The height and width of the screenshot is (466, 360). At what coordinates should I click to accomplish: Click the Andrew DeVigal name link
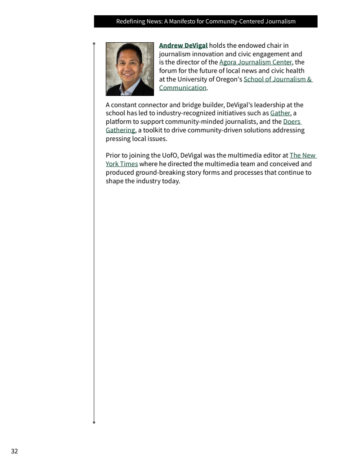click(x=183, y=45)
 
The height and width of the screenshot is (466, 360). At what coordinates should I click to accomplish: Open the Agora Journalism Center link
click(x=255, y=62)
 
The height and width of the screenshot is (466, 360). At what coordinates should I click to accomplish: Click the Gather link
click(x=280, y=113)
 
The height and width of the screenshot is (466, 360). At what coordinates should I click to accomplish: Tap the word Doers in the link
click(x=292, y=122)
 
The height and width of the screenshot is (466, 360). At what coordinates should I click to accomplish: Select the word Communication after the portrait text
click(x=182, y=88)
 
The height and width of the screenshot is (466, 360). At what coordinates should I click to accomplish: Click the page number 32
click(x=14, y=451)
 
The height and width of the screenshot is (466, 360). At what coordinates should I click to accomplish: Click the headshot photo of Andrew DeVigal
click(x=130, y=69)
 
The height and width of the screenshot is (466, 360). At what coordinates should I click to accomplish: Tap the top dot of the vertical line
click(x=94, y=44)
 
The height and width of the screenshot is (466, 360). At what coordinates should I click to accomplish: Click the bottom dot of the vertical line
click(x=94, y=422)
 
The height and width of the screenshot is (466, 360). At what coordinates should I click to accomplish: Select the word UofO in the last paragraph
click(x=170, y=156)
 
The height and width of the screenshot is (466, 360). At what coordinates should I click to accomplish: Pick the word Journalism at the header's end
click(x=280, y=22)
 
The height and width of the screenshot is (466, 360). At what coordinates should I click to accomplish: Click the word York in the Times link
click(x=113, y=164)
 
